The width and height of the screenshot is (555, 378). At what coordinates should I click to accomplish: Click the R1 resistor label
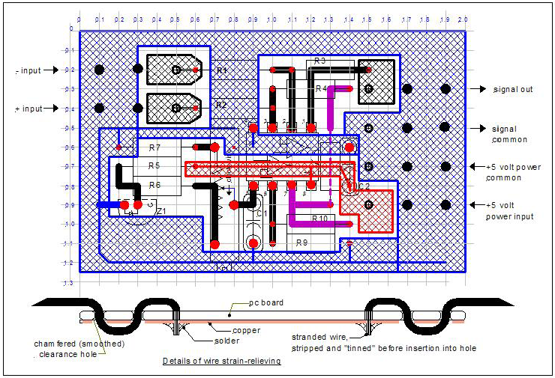click(221, 70)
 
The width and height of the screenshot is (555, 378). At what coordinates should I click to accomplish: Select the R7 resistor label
click(154, 148)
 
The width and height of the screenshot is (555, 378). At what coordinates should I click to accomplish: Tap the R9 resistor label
click(301, 243)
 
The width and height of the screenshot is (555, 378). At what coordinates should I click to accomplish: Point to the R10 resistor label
click(319, 219)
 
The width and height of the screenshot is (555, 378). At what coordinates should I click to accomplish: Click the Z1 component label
click(160, 212)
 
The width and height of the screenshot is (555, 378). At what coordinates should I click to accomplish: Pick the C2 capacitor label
click(363, 185)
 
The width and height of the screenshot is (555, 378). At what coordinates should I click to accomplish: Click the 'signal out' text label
click(513, 89)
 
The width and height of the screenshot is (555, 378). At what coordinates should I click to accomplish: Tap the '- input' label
click(28, 70)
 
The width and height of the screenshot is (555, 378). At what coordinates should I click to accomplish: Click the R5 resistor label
click(154, 165)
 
